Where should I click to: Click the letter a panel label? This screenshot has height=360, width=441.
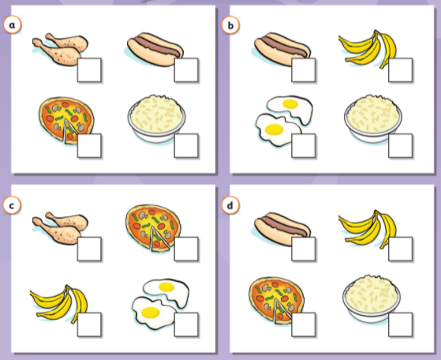click(x=13, y=25)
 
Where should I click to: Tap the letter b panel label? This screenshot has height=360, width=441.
click(x=230, y=25)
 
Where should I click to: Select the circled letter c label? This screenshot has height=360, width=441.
click(x=12, y=205)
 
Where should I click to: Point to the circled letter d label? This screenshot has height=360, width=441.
click(x=230, y=205)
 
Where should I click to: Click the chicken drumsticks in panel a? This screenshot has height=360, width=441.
click(x=60, y=49)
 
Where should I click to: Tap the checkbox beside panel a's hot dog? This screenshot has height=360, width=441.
click(x=186, y=70)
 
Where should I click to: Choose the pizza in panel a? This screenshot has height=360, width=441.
click(x=66, y=120)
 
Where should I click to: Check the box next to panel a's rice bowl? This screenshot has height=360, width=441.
click(x=186, y=145)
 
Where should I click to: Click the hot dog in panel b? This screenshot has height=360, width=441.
click(x=282, y=49)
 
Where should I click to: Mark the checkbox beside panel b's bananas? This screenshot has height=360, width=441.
click(x=400, y=70)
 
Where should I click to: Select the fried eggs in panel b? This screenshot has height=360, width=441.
click(x=284, y=121)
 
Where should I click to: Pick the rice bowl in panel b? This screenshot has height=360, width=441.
click(x=373, y=118)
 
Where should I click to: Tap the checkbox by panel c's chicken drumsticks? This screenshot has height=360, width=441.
click(x=89, y=249)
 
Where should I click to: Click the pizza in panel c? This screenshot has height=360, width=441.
click(x=153, y=228)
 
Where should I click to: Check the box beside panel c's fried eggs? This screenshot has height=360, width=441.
click(x=186, y=324)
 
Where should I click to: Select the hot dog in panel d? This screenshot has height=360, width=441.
click(x=282, y=229)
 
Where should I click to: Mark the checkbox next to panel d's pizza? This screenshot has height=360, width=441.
click(x=303, y=324)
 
